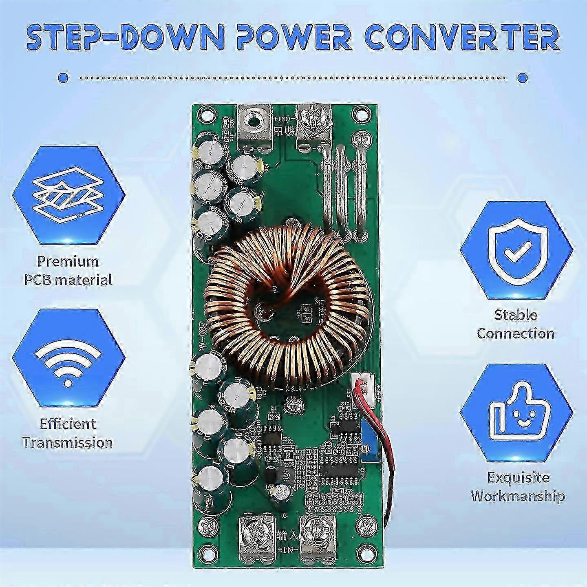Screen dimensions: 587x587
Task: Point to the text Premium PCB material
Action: (x=68, y=270)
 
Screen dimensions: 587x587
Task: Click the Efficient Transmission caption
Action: (x=68, y=433)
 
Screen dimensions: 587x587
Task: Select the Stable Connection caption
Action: (x=516, y=324)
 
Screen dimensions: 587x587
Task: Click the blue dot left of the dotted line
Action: (x=63, y=77)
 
